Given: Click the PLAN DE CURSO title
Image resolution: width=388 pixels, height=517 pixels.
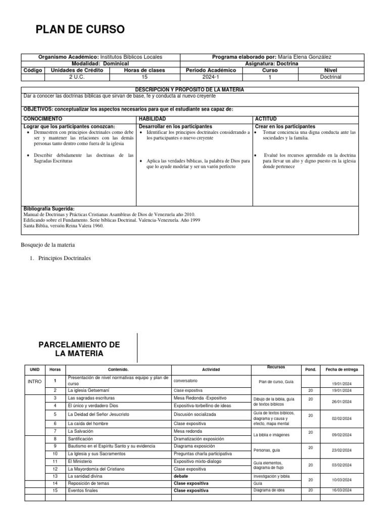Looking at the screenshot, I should [x=79, y=30].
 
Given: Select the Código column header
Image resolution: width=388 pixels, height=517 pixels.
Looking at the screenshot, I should [x=32, y=70].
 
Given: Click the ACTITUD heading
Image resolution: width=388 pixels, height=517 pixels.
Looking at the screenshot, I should [x=266, y=119].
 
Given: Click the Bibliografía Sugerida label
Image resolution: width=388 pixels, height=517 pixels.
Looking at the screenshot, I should [x=49, y=209].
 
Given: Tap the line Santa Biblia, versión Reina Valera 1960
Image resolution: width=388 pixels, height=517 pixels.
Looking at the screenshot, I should [x=64, y=226].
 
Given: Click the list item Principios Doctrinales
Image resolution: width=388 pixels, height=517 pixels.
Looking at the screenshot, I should [x=65, y=258].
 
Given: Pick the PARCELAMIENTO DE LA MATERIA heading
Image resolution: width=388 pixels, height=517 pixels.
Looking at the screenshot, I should [x=79, y=349].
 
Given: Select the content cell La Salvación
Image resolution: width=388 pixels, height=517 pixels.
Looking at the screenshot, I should [x=80, y=431].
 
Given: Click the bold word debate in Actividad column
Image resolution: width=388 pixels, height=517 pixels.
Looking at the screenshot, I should [x=181, y=476].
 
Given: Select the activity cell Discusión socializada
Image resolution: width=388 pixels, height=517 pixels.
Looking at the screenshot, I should [x=195, y=414].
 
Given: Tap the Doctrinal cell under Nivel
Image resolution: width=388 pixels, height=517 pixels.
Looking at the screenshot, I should [x=331, y=77].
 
